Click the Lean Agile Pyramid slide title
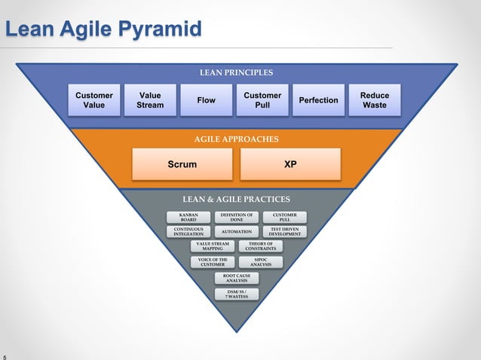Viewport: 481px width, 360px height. pos(103,29)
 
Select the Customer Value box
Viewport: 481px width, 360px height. pos(94,100)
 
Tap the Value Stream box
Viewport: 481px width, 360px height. pos(150,100)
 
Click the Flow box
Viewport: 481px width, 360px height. pos(206,100)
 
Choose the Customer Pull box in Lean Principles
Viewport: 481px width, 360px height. pos(262,100)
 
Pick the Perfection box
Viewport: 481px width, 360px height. pos(318,100)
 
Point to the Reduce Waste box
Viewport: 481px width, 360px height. pos(375,100)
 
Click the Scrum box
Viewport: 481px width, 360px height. pos(182,164)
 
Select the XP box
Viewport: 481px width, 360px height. pos(290,164)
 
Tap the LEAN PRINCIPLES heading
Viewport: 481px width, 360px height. pos(236,73)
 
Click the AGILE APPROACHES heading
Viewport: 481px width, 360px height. pos(236,139)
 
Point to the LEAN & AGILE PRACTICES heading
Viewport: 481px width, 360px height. pos(236,200)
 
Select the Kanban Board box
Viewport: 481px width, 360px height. pos(188,217)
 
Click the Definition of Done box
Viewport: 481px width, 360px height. pos(236,217)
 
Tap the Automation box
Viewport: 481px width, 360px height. pos(236,231)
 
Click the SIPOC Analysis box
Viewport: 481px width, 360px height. pos(261,262)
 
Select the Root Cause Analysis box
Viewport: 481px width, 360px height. pos(236,278)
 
